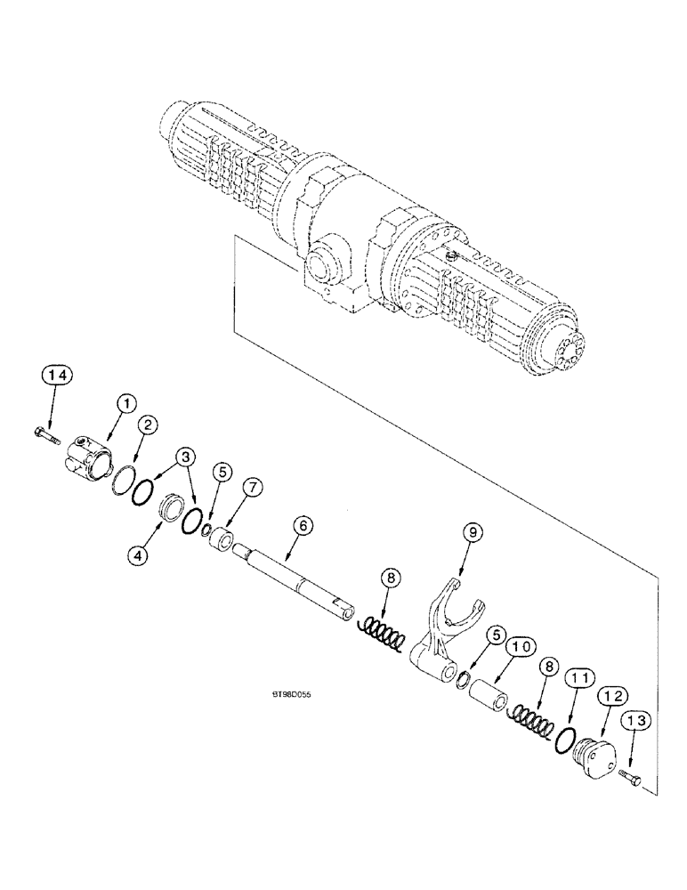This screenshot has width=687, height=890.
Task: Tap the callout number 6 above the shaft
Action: coord(303,526)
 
